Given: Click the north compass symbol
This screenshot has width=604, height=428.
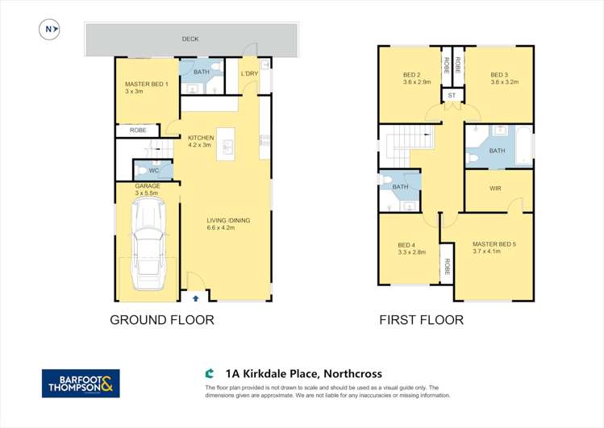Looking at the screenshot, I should point(50,30).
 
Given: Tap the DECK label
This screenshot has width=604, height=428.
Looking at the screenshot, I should point(190,39).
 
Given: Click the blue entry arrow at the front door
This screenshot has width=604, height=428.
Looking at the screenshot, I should point(195,297).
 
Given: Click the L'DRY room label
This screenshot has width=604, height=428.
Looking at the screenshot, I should point(249,75).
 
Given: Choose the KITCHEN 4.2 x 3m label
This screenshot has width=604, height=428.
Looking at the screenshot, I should point(201,141).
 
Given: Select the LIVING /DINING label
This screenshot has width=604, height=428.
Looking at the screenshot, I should point(228,223).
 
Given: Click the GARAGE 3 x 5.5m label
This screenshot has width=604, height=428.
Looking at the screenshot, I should point(148,189).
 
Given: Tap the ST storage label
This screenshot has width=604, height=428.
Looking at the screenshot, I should point(452,96).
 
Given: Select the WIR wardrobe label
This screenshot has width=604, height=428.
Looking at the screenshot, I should point(497,189).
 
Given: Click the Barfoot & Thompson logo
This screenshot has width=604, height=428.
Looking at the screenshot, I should point(81,383).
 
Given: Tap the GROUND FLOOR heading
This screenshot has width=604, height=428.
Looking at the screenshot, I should point(162,320).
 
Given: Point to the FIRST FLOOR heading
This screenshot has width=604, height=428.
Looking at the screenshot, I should point(422,320).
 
